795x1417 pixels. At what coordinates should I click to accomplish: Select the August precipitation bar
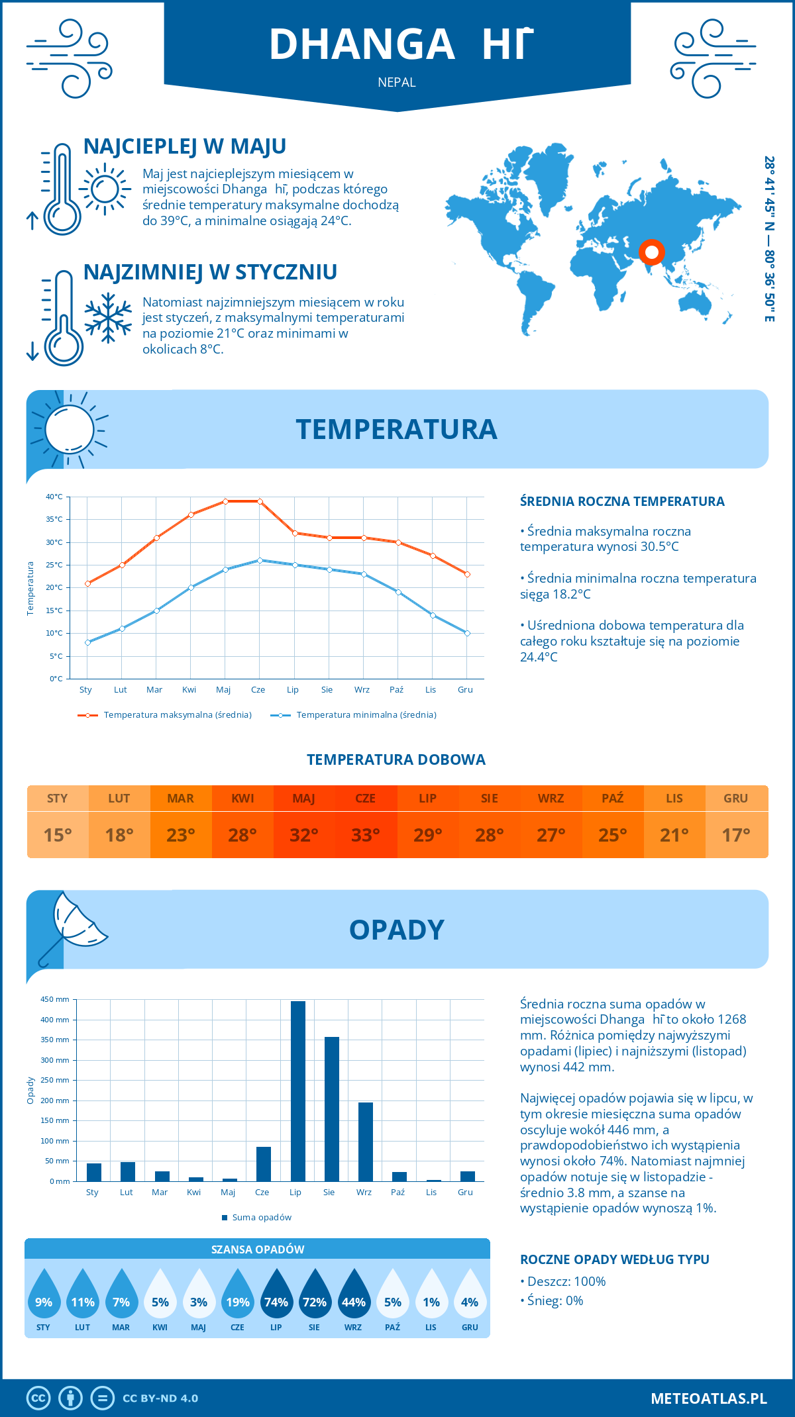pos(332,1109)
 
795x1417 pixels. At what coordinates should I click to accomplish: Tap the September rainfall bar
pos(366,1142)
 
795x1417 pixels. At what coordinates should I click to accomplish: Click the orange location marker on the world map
pos(651,252)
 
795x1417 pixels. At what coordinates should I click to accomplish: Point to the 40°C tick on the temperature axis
pos(54,497)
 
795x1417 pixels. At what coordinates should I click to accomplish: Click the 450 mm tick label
pos(56,999)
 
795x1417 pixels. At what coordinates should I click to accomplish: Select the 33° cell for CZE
pos(366,835)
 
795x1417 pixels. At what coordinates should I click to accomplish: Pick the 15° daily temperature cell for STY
pos(58,835)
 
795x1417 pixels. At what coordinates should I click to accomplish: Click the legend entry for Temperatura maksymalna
pos(165,715)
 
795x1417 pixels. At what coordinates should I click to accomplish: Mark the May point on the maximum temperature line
pos(225,501)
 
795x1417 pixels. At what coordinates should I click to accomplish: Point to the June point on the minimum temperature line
pos(260,560)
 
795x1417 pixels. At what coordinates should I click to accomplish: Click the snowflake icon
pos(108,318)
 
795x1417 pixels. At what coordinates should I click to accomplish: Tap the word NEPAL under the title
pos(397,83)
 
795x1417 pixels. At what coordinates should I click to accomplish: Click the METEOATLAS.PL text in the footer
pos(709,1398)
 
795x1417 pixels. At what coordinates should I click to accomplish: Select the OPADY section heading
pos(396,930)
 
